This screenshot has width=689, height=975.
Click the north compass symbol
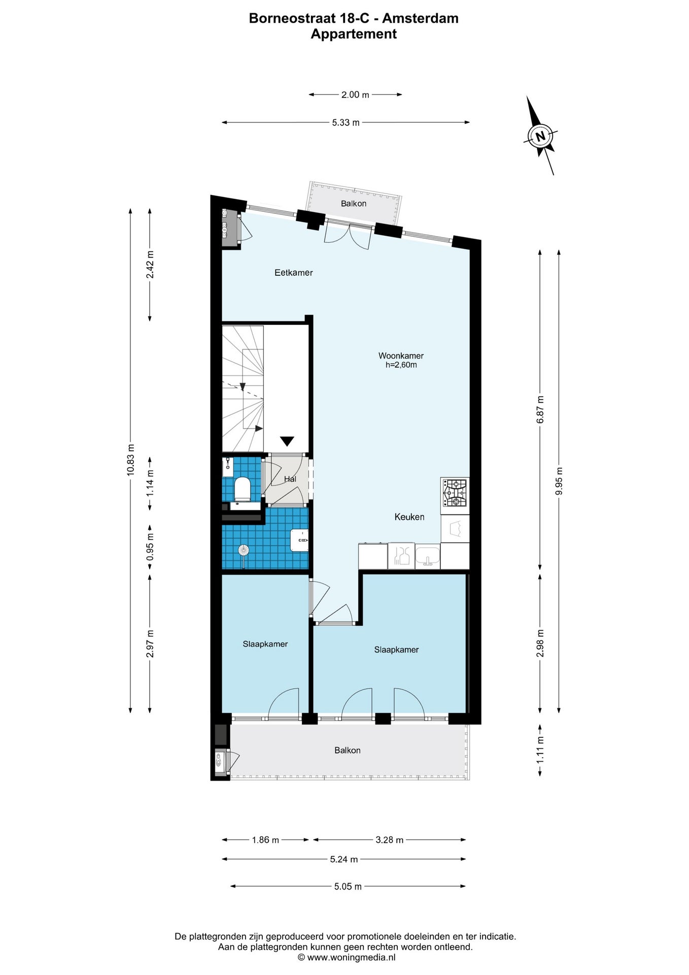coord(540,136)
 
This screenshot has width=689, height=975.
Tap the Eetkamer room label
coord(293,273)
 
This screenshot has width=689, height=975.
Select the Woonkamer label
coord(401,355)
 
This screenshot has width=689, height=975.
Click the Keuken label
coord(409,517)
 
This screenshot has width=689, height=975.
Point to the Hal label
coord(290,479)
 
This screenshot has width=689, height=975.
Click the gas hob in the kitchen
coord(455,493)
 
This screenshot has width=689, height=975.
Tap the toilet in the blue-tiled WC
coord(242,489)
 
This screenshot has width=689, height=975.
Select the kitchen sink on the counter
coord(427,556)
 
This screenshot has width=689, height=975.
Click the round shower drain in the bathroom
coord(244,549)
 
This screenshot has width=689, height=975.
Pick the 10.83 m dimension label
coord(131,460)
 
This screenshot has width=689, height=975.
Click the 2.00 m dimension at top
coord(355,94)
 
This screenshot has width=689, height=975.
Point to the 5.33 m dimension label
coord(346,122)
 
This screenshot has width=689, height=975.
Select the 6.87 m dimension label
coord(540,409)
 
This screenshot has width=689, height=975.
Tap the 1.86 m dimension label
coord(265,840)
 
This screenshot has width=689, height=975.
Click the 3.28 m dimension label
coord(389,840)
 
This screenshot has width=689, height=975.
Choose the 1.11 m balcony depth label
coord(540,750)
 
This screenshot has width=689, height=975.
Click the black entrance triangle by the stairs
coord(287,441)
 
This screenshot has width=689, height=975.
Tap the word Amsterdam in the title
coord(420,18)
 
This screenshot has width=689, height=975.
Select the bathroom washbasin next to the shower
coord(299,540)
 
